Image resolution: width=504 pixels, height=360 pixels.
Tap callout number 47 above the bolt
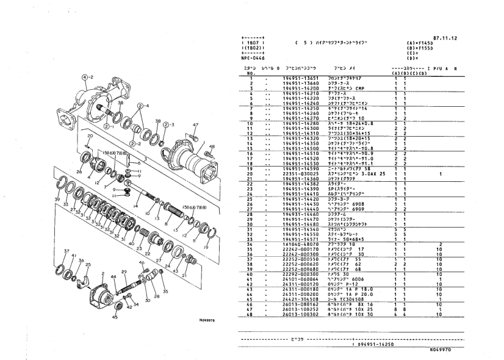[195, 124]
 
